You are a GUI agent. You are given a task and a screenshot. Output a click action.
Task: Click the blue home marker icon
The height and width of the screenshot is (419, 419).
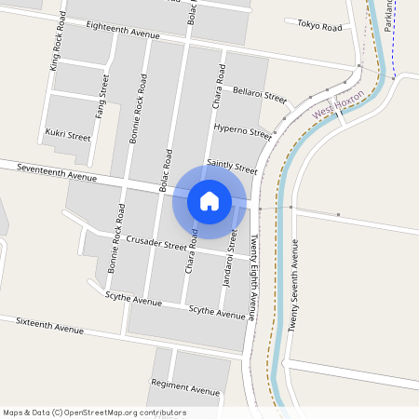pyautogui.click(x=209, y=201)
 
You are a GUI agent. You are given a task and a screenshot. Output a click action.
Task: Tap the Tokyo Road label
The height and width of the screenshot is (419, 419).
pyautogui.click(x=319, y=25)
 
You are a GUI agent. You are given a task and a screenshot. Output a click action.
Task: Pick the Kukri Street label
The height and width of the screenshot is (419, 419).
pyautogui.click(x=68, y=135)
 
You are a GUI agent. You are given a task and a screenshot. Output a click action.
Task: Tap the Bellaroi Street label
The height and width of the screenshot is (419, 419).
pyautogui.click(x=260, y=94)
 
